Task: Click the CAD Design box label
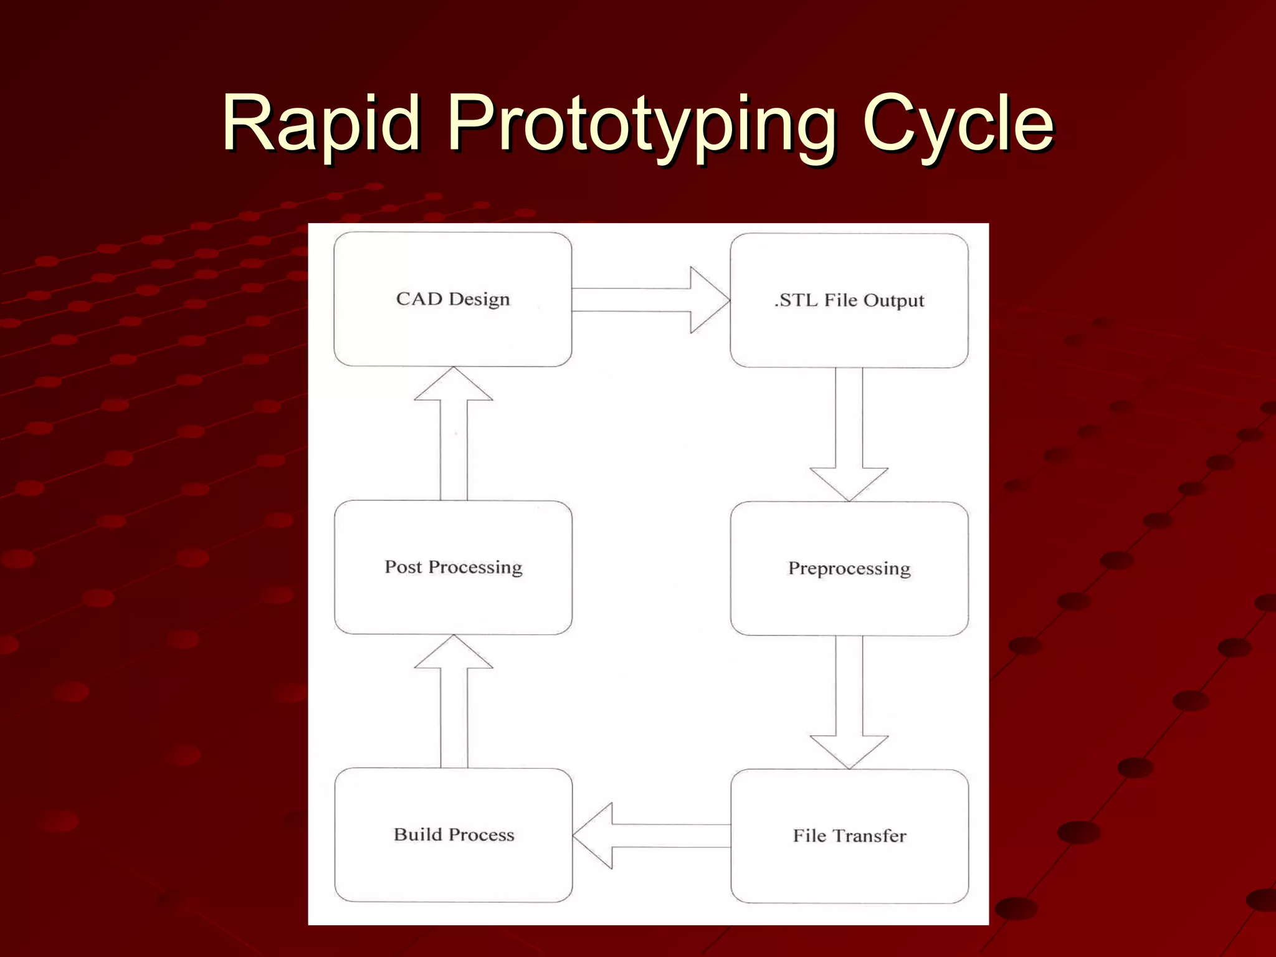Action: coord(453,300)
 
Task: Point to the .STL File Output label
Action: coord(849,301)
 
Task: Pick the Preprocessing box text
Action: coord(849,568)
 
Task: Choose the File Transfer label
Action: coord(849,836)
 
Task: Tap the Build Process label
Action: coord(454,835)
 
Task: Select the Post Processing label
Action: coord(453,567)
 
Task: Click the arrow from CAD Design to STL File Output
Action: coord(648,300)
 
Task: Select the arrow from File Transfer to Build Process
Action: coord(651,836)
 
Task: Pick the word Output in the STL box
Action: coord(893,301)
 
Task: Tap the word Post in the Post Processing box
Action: coord(403,567)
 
